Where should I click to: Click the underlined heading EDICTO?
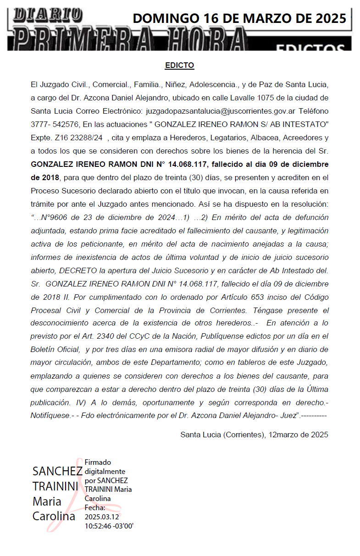click(x=179, y=66)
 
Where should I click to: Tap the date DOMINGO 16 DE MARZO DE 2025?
click(x=239, y=18)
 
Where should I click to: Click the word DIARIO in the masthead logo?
click(x=48, y=15)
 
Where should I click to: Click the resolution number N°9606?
click(x=56, y=218)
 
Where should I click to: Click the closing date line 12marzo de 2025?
click(x=297, y=435)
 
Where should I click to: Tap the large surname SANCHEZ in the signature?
click(x=57, y=472)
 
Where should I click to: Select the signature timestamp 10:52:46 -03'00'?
click(x=109, y=525)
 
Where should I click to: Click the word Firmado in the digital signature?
click(x=98, y=462)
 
